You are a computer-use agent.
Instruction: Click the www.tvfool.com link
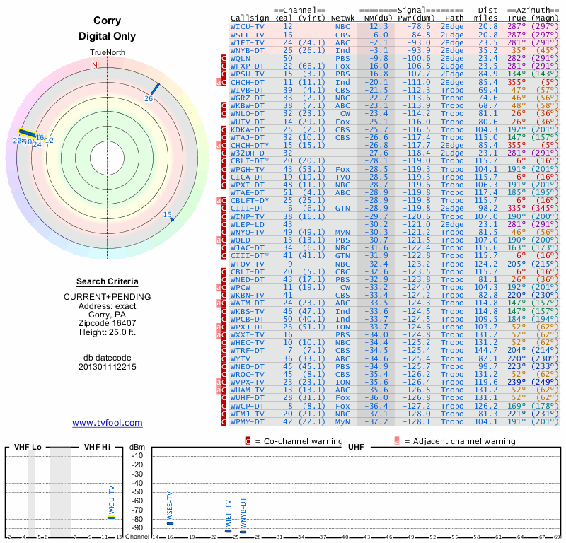108,423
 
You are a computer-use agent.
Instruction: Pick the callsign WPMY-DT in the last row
248,421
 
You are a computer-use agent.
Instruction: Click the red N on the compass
95,65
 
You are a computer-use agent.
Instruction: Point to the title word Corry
107,21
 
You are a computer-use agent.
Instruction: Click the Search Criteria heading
108,281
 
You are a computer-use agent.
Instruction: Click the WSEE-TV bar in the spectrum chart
170,522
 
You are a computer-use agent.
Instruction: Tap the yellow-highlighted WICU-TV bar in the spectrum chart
112,518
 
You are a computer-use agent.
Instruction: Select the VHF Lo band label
27,447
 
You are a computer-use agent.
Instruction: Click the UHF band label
356,447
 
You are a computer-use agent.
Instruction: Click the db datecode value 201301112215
108,367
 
